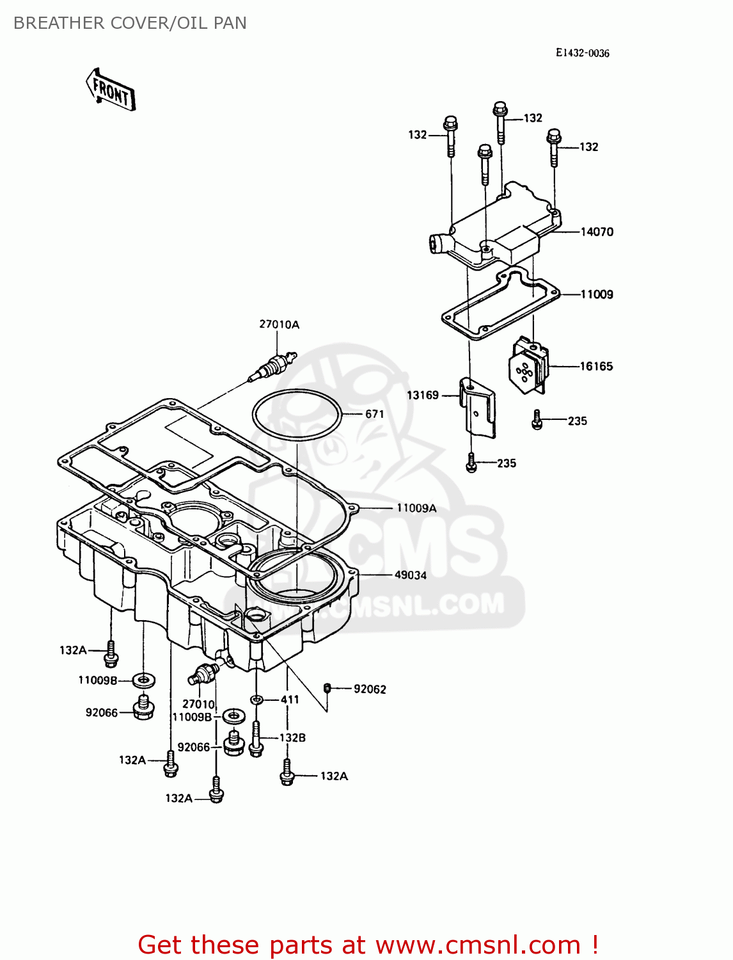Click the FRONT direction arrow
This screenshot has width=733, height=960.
point(111,90)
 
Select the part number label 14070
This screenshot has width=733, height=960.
point(596,232)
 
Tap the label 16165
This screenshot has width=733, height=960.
point(596,366)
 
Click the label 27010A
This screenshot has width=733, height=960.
point(279,324)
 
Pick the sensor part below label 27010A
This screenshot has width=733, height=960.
point(274,367)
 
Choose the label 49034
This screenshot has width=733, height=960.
point(410,575)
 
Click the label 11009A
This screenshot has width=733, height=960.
point(416,508)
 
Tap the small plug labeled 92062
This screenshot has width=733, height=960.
point(327,688)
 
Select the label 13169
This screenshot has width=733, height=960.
point(423,395)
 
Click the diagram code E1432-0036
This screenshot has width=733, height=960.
point(582,53)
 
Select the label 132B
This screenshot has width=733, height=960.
point(292,737)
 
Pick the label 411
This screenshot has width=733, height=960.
point(290,700)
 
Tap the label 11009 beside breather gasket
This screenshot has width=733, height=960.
point(596,294)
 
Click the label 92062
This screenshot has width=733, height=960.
point(370,689)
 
